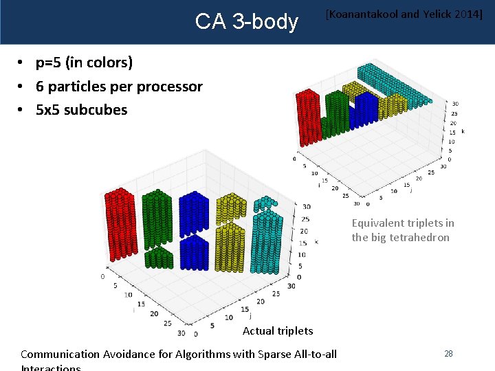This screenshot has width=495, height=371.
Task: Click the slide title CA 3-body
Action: click(x=246, y=22)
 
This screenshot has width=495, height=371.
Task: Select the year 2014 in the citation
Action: click(x=467, y=14)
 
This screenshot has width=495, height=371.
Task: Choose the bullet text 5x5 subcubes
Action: click(x=81, y=110)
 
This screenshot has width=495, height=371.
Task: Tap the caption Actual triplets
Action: click(x=278, y=331)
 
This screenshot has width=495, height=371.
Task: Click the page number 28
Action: click(x=448, y=353)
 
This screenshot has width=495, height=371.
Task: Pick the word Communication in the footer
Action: click(x=60, y=354)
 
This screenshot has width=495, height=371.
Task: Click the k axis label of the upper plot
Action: click(x=463, y=131)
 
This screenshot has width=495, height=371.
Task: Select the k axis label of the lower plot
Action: click(x=316, y=242)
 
